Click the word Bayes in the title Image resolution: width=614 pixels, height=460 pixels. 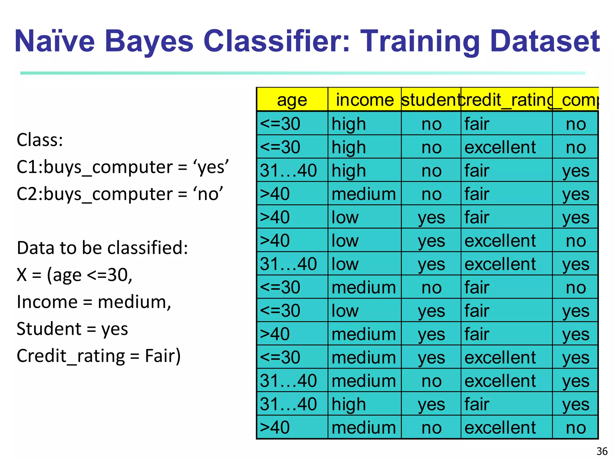(149, 41)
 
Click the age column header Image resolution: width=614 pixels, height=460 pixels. (292, 100)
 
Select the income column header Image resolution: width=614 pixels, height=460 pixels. (365, 100)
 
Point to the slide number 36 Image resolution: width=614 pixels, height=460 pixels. (602, 451)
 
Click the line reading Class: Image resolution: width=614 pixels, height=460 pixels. (40, 140)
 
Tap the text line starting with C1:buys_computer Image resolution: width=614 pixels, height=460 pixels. (123, 167)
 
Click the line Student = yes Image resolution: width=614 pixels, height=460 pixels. (72, 329)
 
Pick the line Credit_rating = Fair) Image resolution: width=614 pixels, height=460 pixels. (99, 356)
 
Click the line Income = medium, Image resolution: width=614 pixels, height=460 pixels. (94, 302)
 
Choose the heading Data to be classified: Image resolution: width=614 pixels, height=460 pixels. (102, 248)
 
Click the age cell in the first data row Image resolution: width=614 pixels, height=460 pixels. (280, 124)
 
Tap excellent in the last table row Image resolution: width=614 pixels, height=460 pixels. (500, 427)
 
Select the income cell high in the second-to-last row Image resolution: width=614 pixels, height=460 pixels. (349, 404)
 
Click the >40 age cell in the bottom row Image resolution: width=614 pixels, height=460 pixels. (275, 427)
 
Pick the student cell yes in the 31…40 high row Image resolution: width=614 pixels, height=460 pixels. (431, 404)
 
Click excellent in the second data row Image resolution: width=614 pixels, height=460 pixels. (500, 147)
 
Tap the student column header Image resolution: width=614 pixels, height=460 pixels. (431, 100)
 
